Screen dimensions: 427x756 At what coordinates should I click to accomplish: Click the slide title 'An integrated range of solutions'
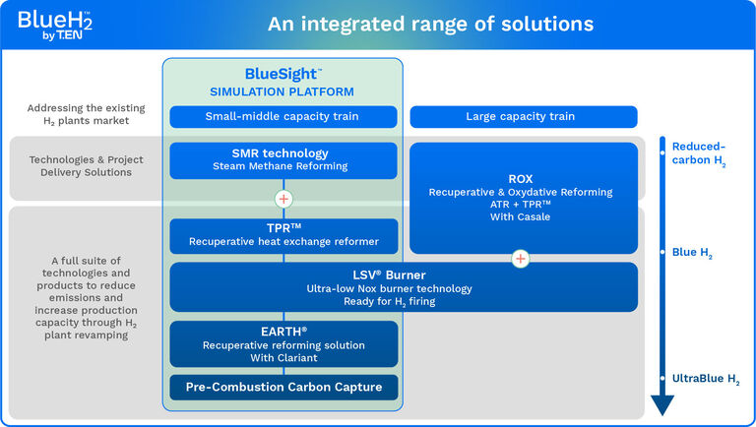[x=430, y=24]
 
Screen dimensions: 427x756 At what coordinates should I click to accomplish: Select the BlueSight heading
[x=283, y=74]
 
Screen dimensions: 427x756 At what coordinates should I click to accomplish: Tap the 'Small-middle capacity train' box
[x=283, y=117]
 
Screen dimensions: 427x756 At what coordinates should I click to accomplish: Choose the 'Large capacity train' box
[x=520, y=117]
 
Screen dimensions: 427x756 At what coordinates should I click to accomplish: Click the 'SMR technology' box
[x=283, y=160]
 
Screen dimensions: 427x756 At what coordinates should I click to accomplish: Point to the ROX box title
[x=520, y=178]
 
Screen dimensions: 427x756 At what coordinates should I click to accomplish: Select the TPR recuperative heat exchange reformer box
[x=283, y=233]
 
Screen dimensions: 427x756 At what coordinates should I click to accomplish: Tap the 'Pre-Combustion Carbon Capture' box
[x=283, y=388]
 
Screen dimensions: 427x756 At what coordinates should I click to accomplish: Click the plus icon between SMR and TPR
[x=283, y=199]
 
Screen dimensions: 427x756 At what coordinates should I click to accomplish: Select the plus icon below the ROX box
[x=520, y=259]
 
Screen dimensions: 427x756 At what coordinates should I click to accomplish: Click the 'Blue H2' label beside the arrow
[x=692, y=253]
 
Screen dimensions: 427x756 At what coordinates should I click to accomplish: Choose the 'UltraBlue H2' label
[x=705, y=379]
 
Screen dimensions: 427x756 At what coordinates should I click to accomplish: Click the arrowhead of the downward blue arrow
[x=662, y=403]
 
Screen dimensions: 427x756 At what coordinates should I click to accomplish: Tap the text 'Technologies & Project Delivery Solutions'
[x=87, y=166]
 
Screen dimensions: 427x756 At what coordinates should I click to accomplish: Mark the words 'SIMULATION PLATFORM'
[x=283, y=91]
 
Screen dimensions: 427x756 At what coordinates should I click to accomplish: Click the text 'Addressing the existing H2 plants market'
[x=87, y=114]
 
